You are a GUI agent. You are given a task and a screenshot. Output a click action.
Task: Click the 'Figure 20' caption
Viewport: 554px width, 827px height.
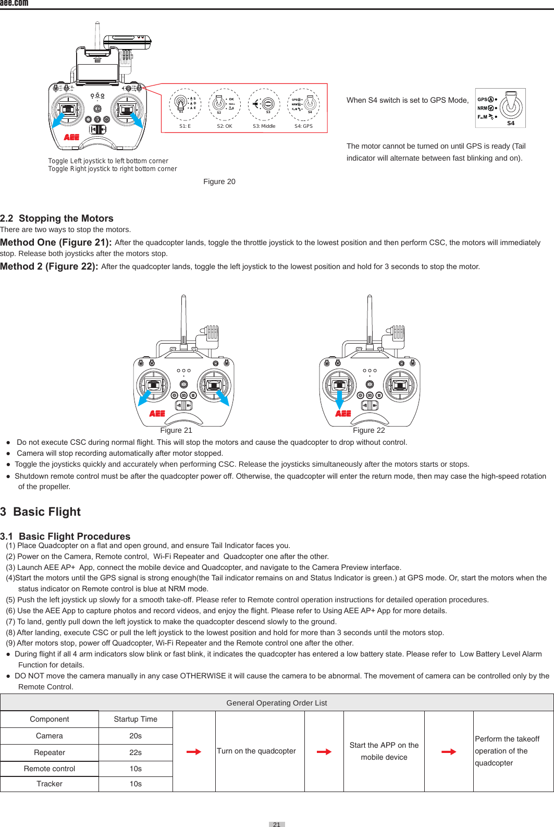click(x=219, y=181)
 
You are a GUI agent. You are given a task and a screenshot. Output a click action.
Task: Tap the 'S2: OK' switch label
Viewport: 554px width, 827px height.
click(x=225, y=126)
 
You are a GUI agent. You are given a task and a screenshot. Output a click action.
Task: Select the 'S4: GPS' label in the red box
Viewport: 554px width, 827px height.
click(x=303, y=126)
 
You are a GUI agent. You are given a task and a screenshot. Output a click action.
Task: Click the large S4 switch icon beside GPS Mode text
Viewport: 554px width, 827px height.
click(x=500, y=108)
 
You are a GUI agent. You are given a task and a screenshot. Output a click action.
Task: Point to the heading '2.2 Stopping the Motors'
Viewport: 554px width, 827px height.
click(x=57, y=218)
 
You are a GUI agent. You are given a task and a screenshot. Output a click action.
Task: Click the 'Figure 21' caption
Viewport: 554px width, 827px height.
click(x=176, y=430)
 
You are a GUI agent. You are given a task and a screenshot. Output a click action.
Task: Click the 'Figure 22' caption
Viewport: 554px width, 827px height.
click(x=368, y=430)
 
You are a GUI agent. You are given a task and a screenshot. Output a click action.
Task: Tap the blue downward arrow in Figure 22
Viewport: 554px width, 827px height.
click(x=339, y=400)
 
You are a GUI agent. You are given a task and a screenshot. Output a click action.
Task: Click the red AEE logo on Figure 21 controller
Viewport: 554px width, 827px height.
click(x=157, y=414)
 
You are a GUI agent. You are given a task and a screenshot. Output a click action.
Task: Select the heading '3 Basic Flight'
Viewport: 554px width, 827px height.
click(x=41, y=512)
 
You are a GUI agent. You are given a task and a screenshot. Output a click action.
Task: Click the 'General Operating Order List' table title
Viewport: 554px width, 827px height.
click(x=276, y=703)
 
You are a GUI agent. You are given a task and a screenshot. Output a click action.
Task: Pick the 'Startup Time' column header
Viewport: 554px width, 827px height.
click(x=136, y=719)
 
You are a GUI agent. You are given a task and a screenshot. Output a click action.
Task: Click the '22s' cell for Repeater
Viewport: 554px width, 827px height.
click(x=136, y=752)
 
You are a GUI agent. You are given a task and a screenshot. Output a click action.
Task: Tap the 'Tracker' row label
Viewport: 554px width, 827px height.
click(x=50, y=784)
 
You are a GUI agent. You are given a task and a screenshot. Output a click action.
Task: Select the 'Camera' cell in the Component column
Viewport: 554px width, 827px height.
click(x=50, y=736)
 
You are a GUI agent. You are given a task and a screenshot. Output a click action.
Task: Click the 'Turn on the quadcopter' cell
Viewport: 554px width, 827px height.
click(x=256, y=751)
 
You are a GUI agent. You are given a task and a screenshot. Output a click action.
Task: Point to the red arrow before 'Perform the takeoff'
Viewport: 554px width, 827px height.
click(x=449, y=751)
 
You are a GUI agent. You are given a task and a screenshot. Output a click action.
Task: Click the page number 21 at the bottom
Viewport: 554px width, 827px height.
click(x=277, y=824)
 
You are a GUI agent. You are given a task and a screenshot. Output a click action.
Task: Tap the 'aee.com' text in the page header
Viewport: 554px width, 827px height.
click(x=14, y=3)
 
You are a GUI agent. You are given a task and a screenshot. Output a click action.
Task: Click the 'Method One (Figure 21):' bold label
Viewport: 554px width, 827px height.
click(x=56, y=242)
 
